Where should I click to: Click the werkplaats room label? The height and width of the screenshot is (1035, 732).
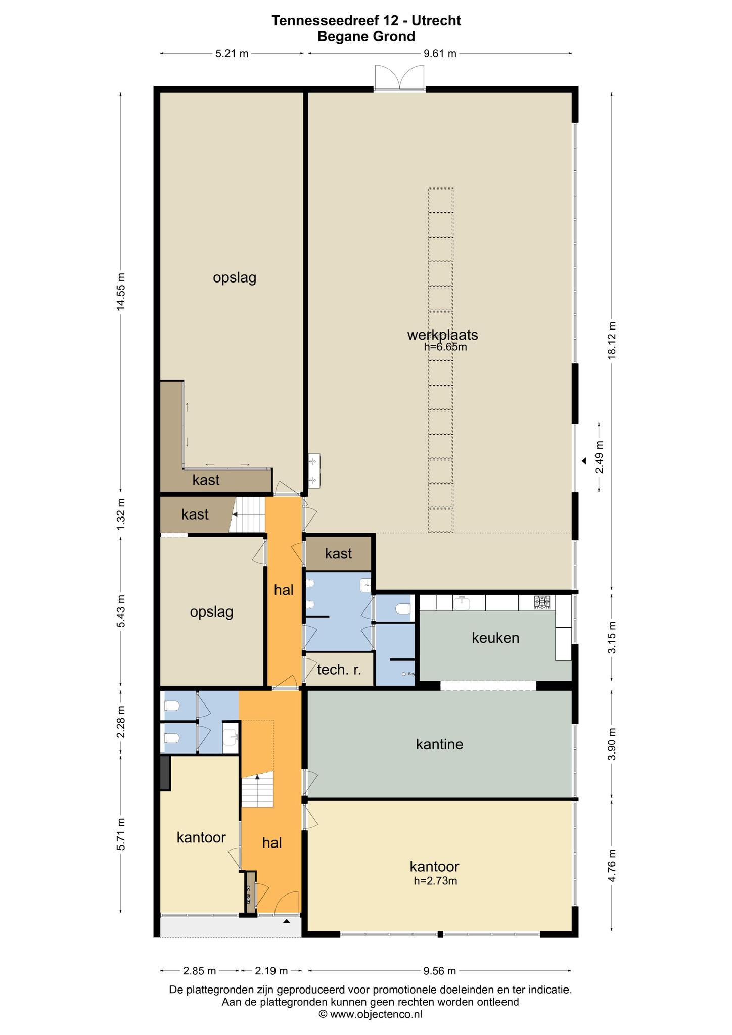(x=442, y=335)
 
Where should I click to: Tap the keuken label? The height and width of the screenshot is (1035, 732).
(x=495, y=638)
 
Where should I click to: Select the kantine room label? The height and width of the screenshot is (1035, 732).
(x=439, y=744)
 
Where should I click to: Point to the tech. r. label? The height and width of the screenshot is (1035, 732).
(x=339, y=670)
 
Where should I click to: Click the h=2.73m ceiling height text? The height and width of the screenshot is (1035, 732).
(x=435, y=881)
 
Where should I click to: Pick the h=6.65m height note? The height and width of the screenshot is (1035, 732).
(x=445, y=347)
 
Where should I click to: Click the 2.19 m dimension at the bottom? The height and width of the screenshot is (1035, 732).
(x=271, y=971)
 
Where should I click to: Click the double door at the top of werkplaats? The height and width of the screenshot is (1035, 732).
(x=399, y=78)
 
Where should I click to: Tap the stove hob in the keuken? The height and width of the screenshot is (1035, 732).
(x=542, y=602)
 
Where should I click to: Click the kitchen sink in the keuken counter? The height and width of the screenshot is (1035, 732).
(x=461, y=602)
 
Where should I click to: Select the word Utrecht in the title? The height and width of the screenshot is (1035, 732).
(x=436, y=20)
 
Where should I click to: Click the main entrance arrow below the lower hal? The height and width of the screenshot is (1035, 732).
(x=287, y=921)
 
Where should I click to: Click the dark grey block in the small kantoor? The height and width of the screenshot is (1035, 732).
(x=165, y=773)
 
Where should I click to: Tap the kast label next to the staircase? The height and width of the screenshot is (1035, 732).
(x=195, y=514)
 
